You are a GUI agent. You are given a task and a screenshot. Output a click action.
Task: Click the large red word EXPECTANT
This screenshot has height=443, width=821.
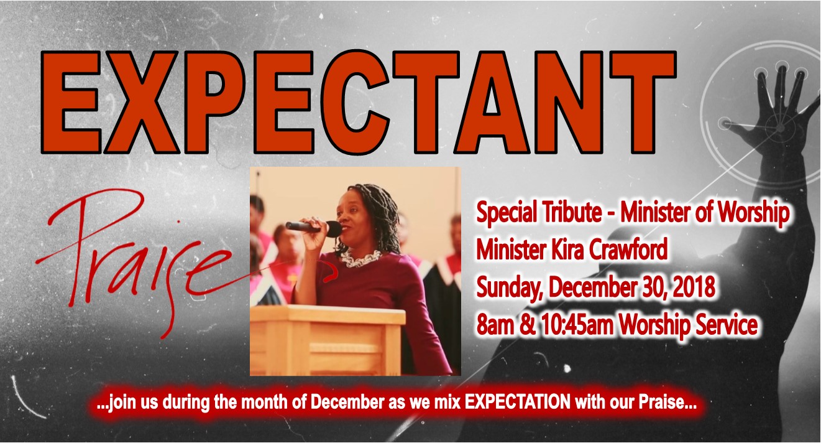(x=359, y=101)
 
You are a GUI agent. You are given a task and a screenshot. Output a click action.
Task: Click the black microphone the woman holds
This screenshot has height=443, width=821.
(x=313, y=228)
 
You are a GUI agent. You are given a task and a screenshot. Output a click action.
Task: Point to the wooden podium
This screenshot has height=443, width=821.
(x=328, y=340)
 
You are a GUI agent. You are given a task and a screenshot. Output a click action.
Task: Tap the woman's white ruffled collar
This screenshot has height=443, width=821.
(x=361, y=258)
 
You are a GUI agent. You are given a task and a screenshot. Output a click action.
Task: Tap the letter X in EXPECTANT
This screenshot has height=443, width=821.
(x=142, y=101)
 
